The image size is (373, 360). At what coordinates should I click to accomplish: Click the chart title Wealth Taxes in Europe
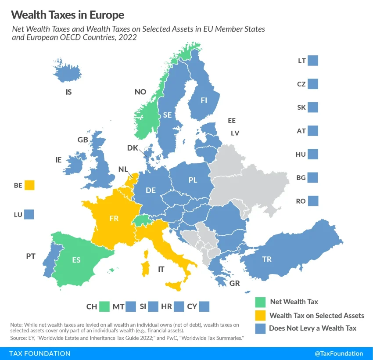[x=68, y=15]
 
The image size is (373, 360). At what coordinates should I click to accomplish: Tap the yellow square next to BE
[x=29, y=185]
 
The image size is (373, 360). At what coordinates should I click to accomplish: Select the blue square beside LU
[x=29, y=215]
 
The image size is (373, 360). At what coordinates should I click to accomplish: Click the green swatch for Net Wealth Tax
[x=260, y=302]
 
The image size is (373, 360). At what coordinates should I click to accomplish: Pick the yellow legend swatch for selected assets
[x=260, y=315]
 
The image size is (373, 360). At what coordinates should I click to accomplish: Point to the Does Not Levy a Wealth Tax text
[x=312, y=328]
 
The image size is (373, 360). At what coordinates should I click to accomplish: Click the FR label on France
[x=114, y=219]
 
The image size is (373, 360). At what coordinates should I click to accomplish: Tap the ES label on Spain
[x=76, y=260]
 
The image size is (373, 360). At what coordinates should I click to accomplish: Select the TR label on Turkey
[x=267, y=259]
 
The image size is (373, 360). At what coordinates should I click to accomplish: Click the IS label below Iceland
[x=68, y=93]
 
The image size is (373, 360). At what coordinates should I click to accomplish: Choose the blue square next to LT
[x=313, y=61]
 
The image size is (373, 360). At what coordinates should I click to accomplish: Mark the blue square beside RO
[x=313, y=201]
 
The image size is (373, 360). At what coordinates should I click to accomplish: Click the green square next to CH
[x=104, y=306]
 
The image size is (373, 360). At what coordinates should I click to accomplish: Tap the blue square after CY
[x=204, y=306]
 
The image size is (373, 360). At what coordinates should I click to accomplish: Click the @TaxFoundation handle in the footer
[x=339, y=353]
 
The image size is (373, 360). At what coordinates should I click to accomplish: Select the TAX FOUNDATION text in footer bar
[x=40, y=353]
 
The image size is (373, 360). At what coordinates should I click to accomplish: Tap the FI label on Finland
[x=204, y=100]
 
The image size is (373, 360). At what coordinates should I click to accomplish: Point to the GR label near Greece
[x=234, y=284]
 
